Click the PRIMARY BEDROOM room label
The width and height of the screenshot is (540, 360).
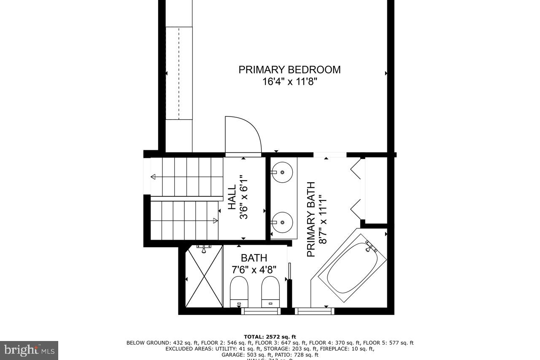click(x=289, y=70)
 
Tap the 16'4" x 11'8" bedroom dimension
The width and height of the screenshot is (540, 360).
click(x=289, y=81)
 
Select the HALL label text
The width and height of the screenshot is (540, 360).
click(x=232, y=197)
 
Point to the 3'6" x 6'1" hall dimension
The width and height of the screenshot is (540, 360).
click(x=243, y=197)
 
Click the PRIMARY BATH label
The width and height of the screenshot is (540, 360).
click(x=311, y=219)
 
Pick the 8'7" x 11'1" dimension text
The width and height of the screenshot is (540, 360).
click(x=323, y=219)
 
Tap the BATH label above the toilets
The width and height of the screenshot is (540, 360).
click(x=254, y=257)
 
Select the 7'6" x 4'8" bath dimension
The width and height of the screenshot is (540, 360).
click(x=254, y=269)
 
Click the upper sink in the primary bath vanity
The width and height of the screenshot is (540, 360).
click(x=281, y=172)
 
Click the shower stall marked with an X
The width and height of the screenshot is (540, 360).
click(x=204, y=276)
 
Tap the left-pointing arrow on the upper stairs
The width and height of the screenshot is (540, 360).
click(x=153, y=176)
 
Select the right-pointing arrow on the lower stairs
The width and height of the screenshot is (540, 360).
click(x=215, y=220)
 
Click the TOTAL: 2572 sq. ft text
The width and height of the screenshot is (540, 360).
click(x=270, y=336)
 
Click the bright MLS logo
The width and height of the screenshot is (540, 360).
click(x=29, y=350)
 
